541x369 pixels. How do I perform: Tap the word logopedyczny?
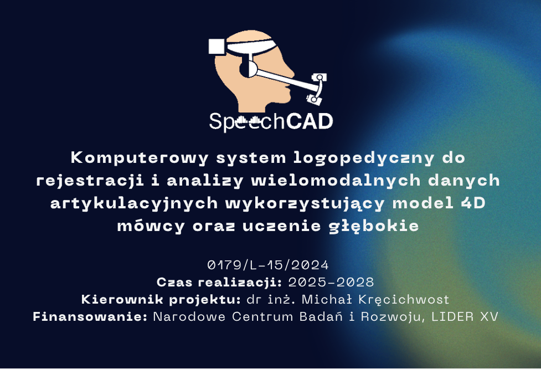364,158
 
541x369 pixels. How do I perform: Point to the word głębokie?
374,227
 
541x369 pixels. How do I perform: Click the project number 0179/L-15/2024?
268,265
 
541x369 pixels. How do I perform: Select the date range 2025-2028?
331,283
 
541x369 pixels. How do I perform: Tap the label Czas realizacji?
219,283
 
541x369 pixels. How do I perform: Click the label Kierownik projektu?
161,299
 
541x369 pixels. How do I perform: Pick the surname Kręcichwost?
404,300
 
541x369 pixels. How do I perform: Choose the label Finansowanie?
90,316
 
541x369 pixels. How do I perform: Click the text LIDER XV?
465,316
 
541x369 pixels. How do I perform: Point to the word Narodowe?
189,316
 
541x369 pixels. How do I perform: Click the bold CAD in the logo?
309,121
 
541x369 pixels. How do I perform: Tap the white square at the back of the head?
217,46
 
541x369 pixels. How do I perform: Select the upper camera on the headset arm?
319,77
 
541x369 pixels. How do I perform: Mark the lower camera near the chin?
314,100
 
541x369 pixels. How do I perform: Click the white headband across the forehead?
252,47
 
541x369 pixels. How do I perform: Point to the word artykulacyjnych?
134,203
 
